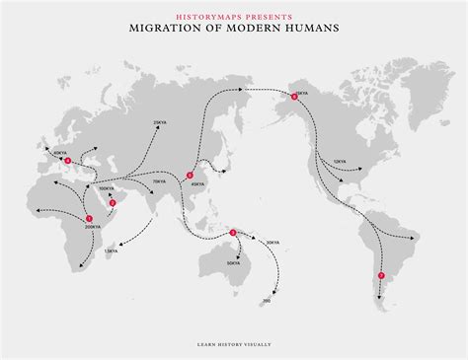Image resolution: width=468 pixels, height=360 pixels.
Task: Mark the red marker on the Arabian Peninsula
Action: pos(113,203)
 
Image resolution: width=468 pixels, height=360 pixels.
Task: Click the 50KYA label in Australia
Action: pos(233,263)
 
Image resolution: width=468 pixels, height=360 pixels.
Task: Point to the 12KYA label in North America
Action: pos(339,161)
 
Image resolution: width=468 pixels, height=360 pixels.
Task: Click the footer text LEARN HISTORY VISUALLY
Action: pos(234,344)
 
